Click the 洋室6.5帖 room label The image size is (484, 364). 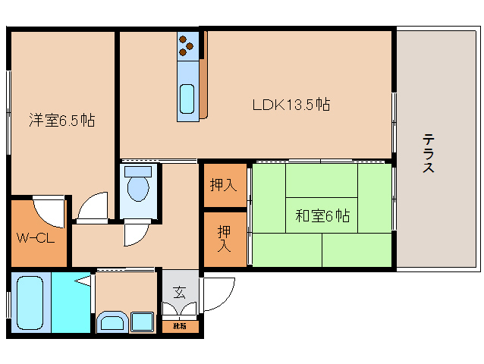point(61,121)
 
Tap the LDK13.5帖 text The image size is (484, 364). point(291,105)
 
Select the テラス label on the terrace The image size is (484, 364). point(429,154)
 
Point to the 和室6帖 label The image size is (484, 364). point(322,216)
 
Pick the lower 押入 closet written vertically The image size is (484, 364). point(225,238)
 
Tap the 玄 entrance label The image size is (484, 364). point(179,292)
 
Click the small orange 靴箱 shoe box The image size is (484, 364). point(180,327)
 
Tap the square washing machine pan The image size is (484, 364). point(142,322)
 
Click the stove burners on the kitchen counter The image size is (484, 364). point(187,48)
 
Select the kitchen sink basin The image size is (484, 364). point(187,98)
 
